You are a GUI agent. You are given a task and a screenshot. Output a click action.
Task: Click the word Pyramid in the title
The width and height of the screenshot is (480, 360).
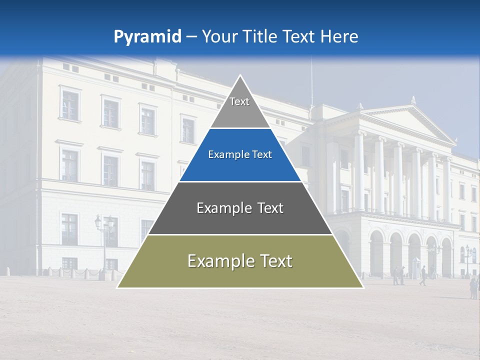(x=147, y=37)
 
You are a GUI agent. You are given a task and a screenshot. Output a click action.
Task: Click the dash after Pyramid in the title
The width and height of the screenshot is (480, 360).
(x=191, y=37)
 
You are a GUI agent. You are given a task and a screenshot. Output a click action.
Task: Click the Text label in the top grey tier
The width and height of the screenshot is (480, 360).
(x=239, y=101)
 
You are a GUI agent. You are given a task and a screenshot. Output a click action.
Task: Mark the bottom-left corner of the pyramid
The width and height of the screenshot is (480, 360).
(x=117, y=287)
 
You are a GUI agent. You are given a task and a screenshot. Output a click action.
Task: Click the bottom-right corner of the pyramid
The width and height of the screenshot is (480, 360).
(x=363, y=287)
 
